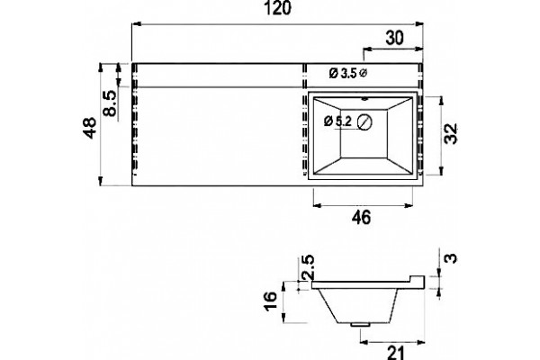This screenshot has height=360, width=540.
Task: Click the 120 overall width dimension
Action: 277,7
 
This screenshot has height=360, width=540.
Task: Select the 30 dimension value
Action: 394,38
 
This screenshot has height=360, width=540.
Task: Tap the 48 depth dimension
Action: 90,128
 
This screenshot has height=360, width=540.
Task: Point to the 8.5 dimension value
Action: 110,103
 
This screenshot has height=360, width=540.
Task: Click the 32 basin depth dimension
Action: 451,134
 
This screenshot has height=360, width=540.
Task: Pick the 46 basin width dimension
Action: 361,218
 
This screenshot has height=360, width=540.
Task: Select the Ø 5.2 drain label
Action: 337,121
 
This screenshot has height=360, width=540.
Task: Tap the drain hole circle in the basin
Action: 364,122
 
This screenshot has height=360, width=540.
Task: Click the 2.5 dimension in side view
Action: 308,266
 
